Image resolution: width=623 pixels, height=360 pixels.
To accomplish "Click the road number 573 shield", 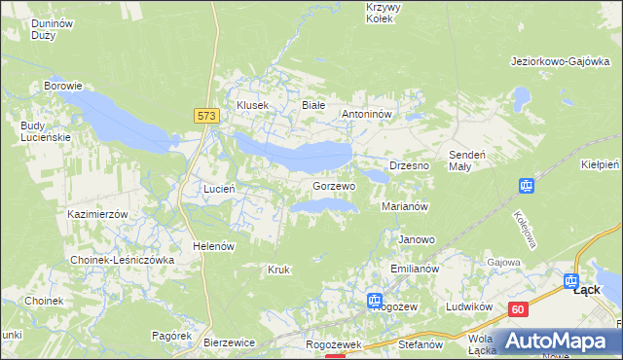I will [205, 115].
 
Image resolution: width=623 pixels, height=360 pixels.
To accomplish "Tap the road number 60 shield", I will [517, 309].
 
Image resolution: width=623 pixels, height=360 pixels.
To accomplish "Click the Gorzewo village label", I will [334, 185].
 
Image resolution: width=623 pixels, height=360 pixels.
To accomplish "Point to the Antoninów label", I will [366, 114].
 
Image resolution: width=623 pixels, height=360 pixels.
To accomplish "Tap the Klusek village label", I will [252, 105].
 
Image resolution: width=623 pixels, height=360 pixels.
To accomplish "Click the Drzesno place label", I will [409, 166].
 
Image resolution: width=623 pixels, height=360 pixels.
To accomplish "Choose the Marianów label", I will [406, 206].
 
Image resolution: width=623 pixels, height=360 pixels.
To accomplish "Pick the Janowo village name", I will [417, 239].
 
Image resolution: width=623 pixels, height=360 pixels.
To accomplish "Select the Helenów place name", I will [214, 246].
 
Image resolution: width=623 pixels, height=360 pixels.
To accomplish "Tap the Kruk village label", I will [278, 269].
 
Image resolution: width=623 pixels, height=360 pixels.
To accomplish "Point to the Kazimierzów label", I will [98, 213].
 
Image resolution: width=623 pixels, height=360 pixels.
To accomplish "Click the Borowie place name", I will [62, 86].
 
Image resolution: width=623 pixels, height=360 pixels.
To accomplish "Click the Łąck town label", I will [586, 289].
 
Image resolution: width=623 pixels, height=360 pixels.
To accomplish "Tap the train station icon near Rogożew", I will [374, 301].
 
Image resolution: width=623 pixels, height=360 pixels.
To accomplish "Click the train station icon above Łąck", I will [572, 280].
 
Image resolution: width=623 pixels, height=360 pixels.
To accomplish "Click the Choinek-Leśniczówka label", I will [122, 261].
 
